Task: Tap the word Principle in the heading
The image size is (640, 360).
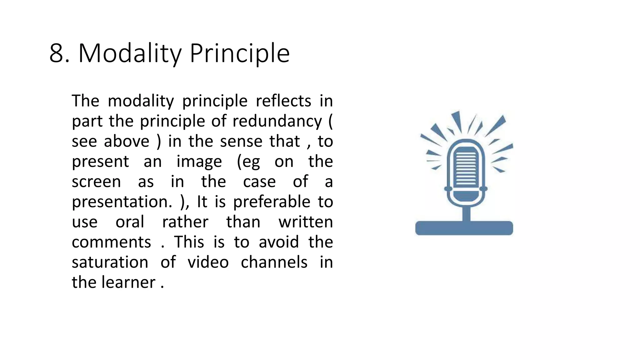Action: [240, 53]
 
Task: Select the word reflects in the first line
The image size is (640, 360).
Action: [283, 101]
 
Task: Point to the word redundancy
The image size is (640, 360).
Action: [277, 121]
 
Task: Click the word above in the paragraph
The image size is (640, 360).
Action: [127, 142]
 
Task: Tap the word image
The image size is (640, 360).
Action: [199, 162]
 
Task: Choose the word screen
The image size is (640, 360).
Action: [96, 182]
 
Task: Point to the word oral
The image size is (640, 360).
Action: [130, 222]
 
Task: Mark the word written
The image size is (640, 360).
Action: [306, 222]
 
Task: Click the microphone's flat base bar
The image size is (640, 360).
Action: [464, 228]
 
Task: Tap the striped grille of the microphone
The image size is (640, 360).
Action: [466, 167]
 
